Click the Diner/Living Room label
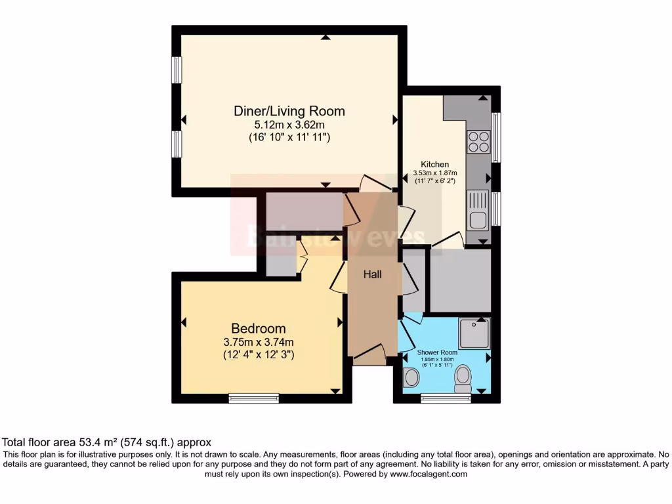coord(289,111)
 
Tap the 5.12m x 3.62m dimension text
coord(289,124)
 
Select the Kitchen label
coord(434,164)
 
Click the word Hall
coord(373,274)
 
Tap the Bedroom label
coord(258,328)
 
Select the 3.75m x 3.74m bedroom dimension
coord(258,341)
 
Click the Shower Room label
coord(437,353)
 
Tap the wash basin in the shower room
coord(411,378)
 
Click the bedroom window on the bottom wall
coord(253,398)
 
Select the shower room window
coord(446,398)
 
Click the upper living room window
coord(177,70)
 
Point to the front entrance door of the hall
coord(369,356)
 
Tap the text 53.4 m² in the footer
coord(98,442)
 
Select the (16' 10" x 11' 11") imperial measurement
coord(289,138)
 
